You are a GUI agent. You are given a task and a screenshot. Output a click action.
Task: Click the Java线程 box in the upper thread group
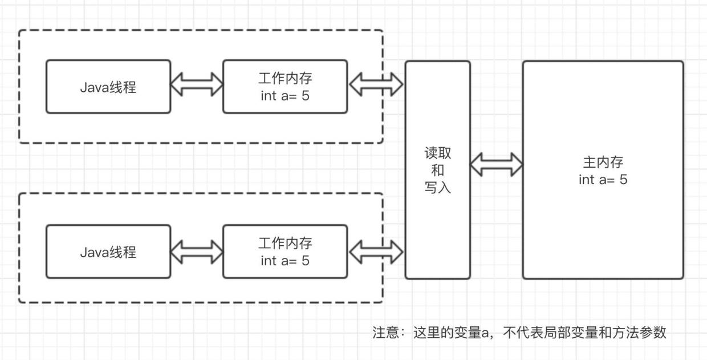tap(108, 87)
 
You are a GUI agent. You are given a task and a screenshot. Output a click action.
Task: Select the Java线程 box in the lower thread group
tap(108, 252)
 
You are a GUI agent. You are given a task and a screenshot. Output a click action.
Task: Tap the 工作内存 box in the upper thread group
tap(285, 87)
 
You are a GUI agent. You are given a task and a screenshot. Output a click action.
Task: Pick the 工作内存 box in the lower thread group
tap(285, 252)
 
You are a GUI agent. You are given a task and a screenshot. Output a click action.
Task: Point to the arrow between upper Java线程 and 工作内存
tap(197, 84)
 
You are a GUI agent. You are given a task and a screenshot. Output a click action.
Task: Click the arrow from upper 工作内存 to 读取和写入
tap(376, 84)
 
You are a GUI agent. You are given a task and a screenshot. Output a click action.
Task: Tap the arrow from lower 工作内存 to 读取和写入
tap(376, 252)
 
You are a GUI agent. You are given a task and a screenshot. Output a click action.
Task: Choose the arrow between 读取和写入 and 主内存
tap(496, 164)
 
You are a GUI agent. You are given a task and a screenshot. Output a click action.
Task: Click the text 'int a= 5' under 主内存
tap(603, 180)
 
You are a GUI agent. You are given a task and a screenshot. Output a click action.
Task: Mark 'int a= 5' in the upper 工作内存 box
tap(285, 95)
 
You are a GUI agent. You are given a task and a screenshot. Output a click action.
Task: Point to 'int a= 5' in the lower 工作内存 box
tap(285, 261)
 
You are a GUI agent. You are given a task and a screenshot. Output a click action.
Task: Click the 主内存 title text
tap(603, 163)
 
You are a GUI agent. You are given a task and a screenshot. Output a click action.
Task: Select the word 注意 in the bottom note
tap(386, 333)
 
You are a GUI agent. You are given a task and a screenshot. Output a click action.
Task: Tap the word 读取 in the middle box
tap(437, 153)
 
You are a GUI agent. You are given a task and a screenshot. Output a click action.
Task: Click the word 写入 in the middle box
tap(437, 187)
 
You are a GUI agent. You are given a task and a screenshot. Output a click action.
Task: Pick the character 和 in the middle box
tap(437, 170)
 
